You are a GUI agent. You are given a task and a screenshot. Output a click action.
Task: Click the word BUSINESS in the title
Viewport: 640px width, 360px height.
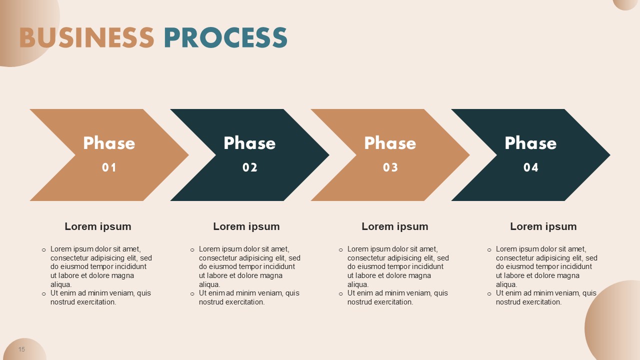click(x=87, y=37)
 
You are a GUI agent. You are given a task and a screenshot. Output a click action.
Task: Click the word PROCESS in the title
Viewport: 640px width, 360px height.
click(x=225, y=37)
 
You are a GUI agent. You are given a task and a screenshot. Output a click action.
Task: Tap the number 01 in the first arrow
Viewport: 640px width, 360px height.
click(x=109, y=167)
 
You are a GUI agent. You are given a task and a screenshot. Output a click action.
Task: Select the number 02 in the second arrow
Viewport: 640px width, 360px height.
click(x=249, y=167)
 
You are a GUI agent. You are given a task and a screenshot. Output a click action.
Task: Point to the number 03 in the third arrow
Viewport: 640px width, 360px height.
click(x=390, y=167)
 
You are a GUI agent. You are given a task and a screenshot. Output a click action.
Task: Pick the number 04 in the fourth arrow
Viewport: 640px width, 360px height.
click(x=531, y=167)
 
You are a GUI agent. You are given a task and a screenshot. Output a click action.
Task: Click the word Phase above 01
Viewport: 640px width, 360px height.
click(x=109, y=143)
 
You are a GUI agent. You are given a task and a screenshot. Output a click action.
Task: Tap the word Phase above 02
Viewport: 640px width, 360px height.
click(x=249, y=143)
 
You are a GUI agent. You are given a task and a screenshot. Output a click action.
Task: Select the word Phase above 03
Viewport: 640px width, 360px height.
click(x=390, y=143)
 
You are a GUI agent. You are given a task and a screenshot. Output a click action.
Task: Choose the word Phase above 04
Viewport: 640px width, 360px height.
click(x=531, y=143)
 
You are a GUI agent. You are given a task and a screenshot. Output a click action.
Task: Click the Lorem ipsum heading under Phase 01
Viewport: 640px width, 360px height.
click(x=98, y=227)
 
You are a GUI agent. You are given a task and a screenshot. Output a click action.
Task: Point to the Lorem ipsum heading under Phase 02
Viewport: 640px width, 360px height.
click(x=246, y=227)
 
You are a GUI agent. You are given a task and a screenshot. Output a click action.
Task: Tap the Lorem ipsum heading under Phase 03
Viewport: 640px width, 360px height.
click(x=395, y=227)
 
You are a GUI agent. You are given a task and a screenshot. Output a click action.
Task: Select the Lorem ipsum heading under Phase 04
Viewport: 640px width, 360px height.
click(x=543, y=227)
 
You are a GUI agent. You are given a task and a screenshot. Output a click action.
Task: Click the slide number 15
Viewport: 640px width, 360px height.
click(x=21, y=349)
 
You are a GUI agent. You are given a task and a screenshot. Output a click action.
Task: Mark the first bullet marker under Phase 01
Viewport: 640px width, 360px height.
click(x=43, y=250)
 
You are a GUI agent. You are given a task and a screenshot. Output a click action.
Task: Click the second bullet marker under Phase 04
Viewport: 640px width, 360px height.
click(x=489, y=294)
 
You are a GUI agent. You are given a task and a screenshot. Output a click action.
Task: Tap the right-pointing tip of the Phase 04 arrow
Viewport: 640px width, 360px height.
click(x=610, y=155)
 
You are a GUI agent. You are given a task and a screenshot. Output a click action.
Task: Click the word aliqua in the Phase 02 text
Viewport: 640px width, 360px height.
click(x=209, y=284)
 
